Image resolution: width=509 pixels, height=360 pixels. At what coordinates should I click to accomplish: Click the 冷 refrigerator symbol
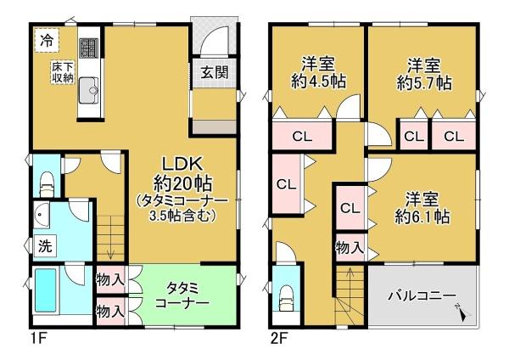pyautogui.click(x=44, y=39)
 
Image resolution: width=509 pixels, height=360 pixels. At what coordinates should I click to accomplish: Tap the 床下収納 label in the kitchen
pyautogui.click(x=61, y=72)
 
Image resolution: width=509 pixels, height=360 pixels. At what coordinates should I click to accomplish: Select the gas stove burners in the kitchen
pyautogui.click(x=89, y=48)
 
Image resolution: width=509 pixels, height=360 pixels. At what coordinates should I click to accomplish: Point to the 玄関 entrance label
pyautogui.click(x=214, y=72)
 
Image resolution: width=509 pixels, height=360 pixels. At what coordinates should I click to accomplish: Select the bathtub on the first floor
pyautogui.click(x=46, y=291)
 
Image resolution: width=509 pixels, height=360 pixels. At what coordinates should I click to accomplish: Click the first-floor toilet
pyautogui.click(x=48, y=180)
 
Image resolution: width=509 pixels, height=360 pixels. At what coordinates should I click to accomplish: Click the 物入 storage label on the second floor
pyautogui.click(x=350, y=248)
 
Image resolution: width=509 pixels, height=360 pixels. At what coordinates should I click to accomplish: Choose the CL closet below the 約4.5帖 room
pyautogui.click(x=301, y=136)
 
